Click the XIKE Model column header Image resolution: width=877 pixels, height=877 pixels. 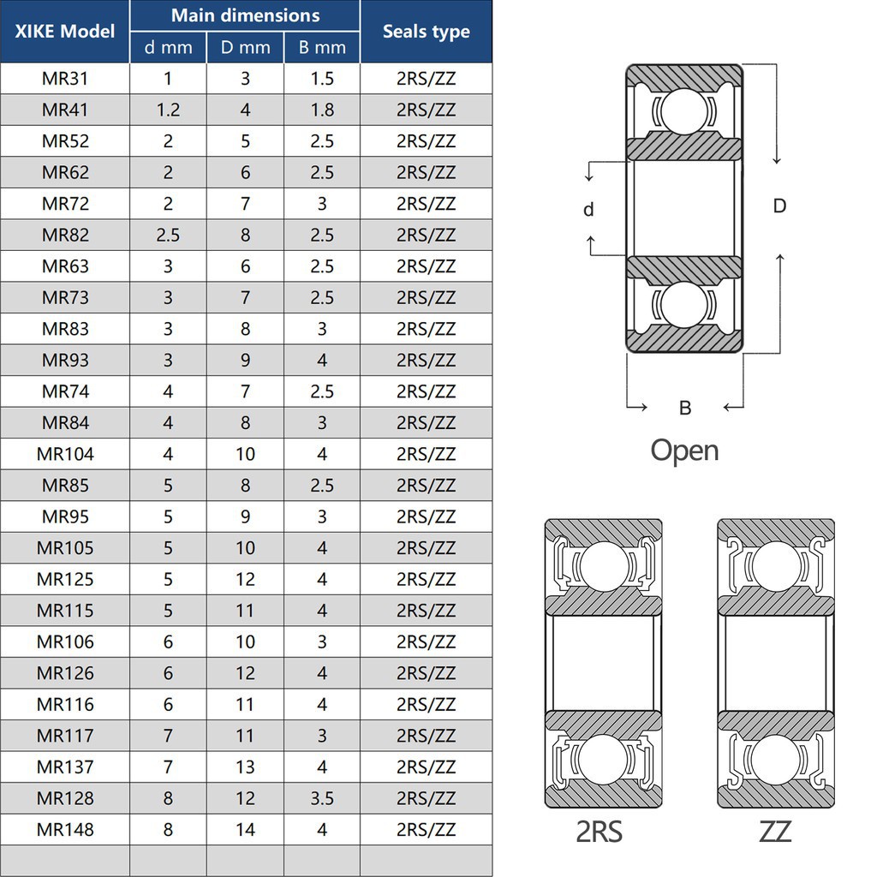[x=65, y=32]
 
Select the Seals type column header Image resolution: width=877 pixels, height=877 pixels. [x=426, y=32]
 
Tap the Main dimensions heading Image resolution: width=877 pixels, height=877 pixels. [x=245, y=15]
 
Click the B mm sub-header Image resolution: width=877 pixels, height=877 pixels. [x=322, y=48]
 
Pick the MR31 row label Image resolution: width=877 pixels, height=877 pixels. [x=65, y=79]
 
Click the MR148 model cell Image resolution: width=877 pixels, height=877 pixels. [x=65, y=829]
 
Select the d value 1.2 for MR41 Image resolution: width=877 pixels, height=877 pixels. [x=168, y=110]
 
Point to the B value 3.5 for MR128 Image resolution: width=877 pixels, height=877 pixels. [x=322, y=798]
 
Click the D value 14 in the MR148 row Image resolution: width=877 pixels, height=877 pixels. [x=245, y=829]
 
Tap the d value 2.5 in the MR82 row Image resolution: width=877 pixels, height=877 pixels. [x=168, y=235]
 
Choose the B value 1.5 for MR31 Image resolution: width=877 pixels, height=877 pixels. [x=322, y=79]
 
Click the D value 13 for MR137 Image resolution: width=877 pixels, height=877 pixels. [x=245, y=767]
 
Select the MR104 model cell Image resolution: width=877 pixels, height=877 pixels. [x=65, y=454]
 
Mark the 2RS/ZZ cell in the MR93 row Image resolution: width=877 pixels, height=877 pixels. [x=426, y=360]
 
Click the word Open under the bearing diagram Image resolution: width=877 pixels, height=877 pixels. [x=684, y=450]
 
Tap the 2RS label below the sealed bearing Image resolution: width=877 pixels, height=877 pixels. [x=599, y=831]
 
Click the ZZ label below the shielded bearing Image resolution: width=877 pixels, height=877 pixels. [x=775, y=831]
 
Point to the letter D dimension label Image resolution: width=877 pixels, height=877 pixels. [x=779, y=206]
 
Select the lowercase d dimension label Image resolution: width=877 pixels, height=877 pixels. [x=588, y=210]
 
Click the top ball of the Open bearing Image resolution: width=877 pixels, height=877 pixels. [x=684, y=111]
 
